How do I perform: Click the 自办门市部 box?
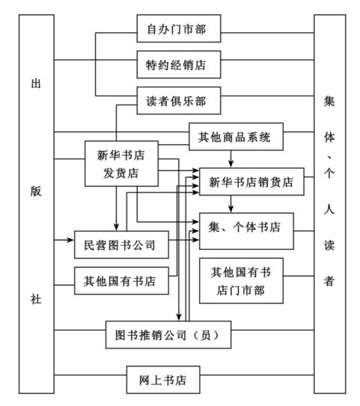[x=179, y=28]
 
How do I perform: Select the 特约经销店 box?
[x=179, y=64]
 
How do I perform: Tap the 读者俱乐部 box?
[x=179, y=100]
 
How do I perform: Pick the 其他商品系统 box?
[x=236, y=137]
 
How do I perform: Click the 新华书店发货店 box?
[x=121, y=164]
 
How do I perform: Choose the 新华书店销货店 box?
[x=251, y=182]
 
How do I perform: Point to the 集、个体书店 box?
[x=246, y=231]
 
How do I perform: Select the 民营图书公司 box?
[x=121, y=244]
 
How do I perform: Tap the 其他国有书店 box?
[x=121, y=280]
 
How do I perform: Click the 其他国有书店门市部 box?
[x=241, y=280]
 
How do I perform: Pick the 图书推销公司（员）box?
[x=168, y=335]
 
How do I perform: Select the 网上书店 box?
[x=163, y=380]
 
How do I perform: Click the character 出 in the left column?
[x=36, y=84]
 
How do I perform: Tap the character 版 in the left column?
[x=36, y=191]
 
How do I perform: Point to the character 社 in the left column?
[x=36, y=299]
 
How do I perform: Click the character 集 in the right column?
[x=329, y=101]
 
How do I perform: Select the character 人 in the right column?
[x=329, y=209]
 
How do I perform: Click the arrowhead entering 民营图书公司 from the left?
[x=71, y=240]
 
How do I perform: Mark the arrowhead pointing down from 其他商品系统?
[x=231, y=164]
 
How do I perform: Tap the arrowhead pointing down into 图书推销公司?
[x=179, y=317]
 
